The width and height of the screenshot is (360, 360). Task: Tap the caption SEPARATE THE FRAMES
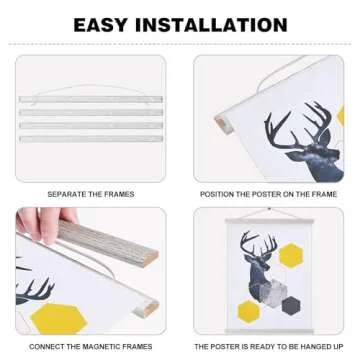pos(91,193)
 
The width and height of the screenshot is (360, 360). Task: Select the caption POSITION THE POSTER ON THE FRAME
pos(269,193)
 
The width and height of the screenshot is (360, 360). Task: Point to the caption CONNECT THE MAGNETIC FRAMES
pos(91,346)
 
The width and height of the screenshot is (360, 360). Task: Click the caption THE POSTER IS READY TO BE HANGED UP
pos(269,346)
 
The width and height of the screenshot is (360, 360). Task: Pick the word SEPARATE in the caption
pos(67,193)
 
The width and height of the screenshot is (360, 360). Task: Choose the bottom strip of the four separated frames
pos(90,138)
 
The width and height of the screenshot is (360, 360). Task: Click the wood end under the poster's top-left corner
pos(222,125)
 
